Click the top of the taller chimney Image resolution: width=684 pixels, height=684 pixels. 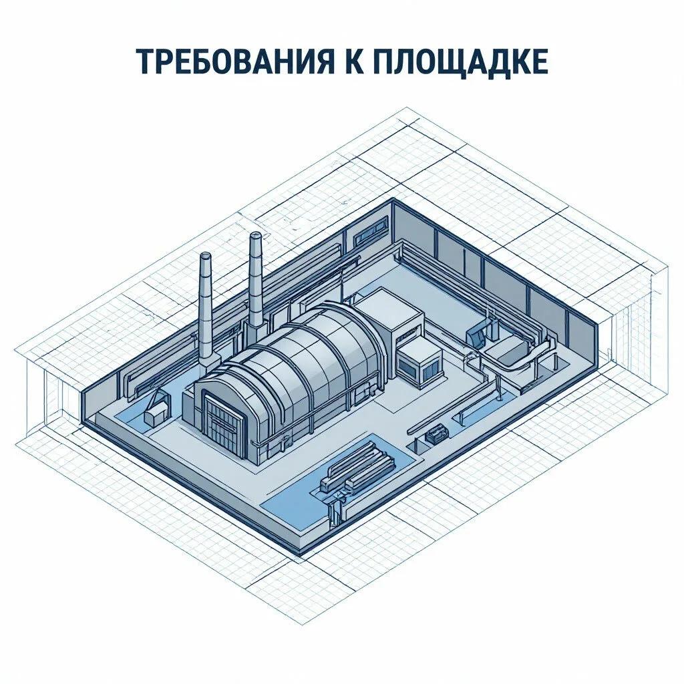[255, 236]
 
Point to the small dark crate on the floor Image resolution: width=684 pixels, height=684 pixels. [437, 434]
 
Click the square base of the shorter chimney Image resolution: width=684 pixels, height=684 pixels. [208, 360]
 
